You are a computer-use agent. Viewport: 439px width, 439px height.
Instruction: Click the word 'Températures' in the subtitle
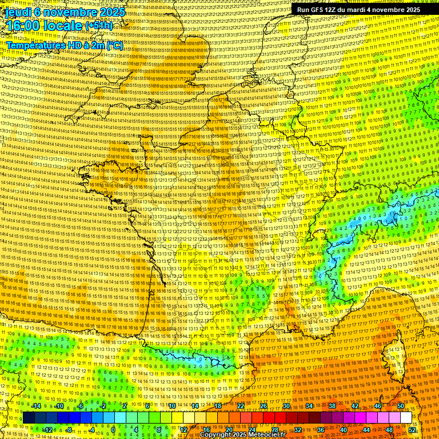click(34, 45)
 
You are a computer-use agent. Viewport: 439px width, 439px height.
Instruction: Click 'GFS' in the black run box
click(319, 10)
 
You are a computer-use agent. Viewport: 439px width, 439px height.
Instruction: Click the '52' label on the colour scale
click(412, 430)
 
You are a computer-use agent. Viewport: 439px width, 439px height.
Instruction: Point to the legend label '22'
click(241, 406)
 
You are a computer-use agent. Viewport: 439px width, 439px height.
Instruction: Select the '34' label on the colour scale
click(309, 406)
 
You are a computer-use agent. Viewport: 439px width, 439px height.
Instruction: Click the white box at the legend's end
click(406, 418)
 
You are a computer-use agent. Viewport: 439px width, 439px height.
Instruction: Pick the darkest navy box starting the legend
click(29, 418)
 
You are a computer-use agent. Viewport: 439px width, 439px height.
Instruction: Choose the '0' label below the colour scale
click(114, 430)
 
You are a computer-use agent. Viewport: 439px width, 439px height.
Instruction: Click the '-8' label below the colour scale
click(69, 430)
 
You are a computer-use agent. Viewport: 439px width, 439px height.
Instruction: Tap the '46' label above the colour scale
click(378, 406)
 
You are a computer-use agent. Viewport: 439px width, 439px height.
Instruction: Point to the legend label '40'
click(344, 430)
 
